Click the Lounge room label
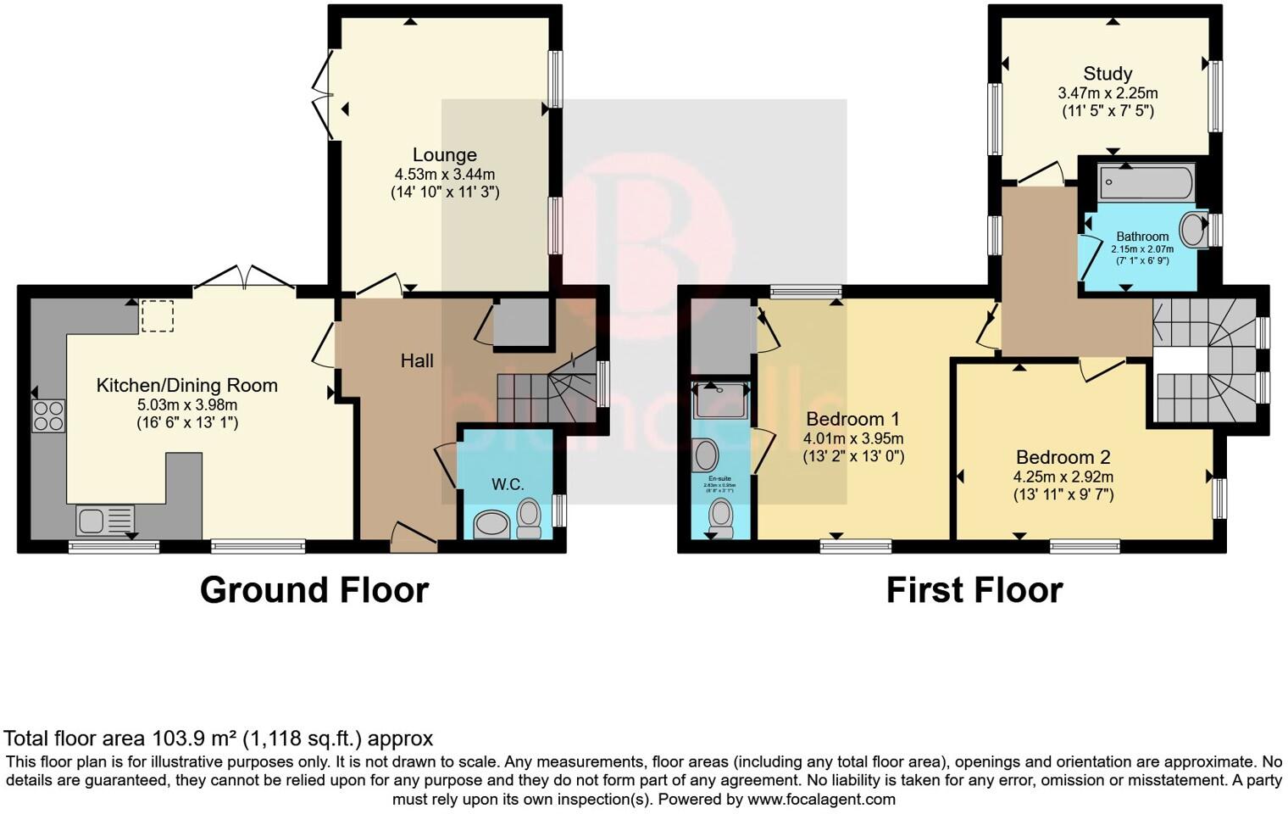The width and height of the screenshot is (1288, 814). pyautogui.click(x=444, y=155)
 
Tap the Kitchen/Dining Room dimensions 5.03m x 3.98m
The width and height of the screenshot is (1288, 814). pyautogui.click(x=186, y=404)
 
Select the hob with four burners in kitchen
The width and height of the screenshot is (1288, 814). pyautogui.click(x=48, y=415)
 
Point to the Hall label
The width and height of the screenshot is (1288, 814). pyautogui.click(x=417, y=361)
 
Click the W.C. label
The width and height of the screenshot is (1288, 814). pyautogui.click(x=508, y=484)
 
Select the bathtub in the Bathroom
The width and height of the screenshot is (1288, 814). pyautogui.click(x=1146, y=182)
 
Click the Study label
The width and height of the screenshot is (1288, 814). pyautogui.click(x=1108, y=74)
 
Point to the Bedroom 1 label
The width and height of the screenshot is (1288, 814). pyautogui.click(x=852, y=419)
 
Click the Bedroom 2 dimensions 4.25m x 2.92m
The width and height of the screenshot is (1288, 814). pyautogui.click(x=1063, y=477)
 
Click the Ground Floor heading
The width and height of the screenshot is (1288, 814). pyautogui.click(x=314, y=590)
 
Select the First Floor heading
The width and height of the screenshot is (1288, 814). pyautogui.click(x=974, y=590)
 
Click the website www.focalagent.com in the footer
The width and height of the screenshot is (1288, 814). pyautogui.click(x=821, y=799)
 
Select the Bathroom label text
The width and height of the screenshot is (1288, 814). pyautogui.click(x=1142, y=237)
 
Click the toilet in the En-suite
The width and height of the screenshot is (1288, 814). pyautogui.click(x=721, y=516)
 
